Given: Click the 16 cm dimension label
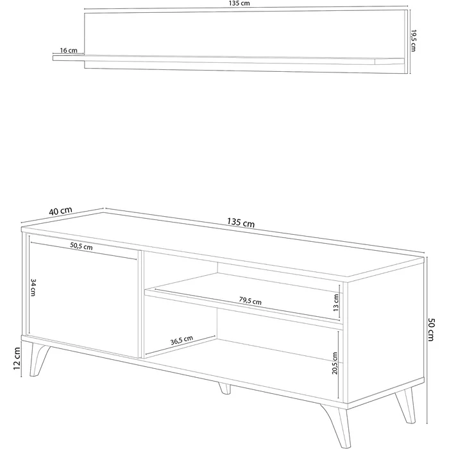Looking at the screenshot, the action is [x=69, y=51].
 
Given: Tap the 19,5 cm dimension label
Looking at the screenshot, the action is [x=413, y=40].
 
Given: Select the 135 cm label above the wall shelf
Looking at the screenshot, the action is [x=239, y=3].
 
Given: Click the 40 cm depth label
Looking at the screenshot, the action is [x=60, y=211].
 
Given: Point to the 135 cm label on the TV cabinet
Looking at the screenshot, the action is [x=241, y=223].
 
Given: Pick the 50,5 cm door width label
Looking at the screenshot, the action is [x=81, y=246].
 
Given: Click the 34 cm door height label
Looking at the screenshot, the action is [x=33, y=287].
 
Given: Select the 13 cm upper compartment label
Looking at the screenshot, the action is [x=336, y=302].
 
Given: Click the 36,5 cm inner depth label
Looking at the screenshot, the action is [x=182, y=340].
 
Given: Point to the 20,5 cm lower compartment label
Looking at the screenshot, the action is [x=335, y=363].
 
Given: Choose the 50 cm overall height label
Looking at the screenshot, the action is [x=430, y=329].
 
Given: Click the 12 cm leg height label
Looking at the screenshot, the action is [x=17, y=358].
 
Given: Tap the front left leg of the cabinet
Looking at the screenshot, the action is [x=38, y=359].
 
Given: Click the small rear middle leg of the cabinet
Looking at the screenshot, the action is [x=224, y=388].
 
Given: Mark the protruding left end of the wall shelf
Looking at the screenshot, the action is [x=69, y=58].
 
